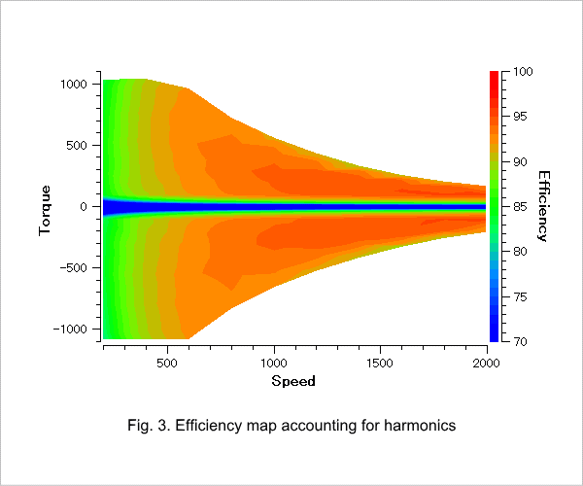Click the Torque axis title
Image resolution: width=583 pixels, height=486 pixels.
click(45, 211)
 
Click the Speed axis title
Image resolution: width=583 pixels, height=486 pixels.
click(293, 381)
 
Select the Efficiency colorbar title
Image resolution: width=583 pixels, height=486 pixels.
click(543, 206)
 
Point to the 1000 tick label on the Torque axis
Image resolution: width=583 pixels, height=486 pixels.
click(74, 84)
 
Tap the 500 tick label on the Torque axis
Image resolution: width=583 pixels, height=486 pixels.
click(77, 146)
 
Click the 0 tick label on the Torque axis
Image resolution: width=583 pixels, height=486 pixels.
click(84, 207)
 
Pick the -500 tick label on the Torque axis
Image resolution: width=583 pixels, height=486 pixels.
click(73, 267)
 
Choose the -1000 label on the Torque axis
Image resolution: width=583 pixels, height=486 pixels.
click(70, 330)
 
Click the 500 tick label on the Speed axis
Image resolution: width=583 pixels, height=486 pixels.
click(167, 363)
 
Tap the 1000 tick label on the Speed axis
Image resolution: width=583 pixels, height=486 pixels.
click(274, 363)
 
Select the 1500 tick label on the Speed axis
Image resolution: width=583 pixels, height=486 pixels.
click(380, 363)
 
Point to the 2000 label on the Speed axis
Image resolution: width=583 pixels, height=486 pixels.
click(487, 363)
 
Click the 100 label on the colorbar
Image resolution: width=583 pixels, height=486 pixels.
click(523, 71)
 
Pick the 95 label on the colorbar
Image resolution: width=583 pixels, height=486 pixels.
click(520, 117)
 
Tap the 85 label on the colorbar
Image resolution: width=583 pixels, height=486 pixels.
click(520, 206)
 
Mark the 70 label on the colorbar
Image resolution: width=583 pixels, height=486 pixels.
click(520, 341)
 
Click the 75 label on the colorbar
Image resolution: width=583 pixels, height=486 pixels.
click(520, 296)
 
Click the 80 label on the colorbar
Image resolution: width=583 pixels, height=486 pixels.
click(520, 252)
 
